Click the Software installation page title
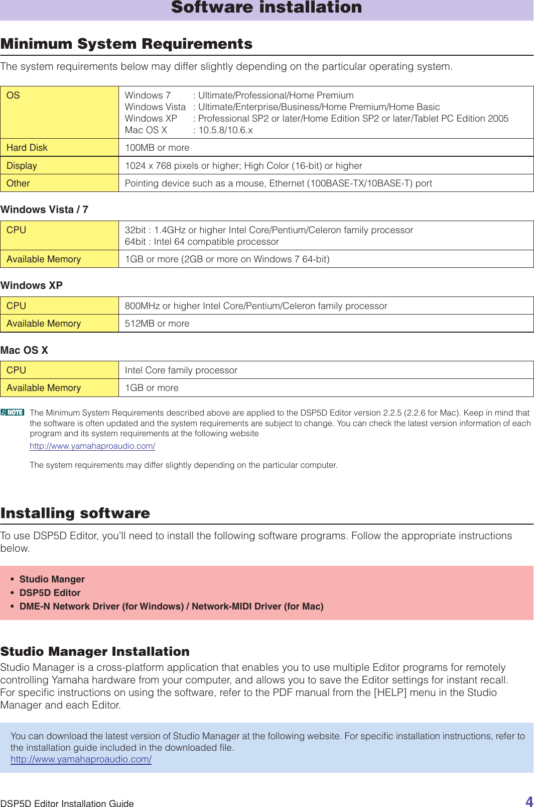[x=266, y=8]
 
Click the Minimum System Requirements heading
[x=126, y=44]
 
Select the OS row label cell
[x=59, y=112]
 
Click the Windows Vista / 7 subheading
[x=44, y=210]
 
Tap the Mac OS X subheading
[x=24, y=350]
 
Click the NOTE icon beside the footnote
[x=13, y=412]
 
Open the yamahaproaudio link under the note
[x=92, y=446]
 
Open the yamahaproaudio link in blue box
[x=81, y=759]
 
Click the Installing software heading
[x=75, y=513]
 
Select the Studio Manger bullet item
[x=52, y=579]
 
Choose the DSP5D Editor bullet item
[x=50, y=592]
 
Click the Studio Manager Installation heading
[x=95, y=651]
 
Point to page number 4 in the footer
[x=529, y=801]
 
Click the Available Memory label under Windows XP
[x=44, y=323]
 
